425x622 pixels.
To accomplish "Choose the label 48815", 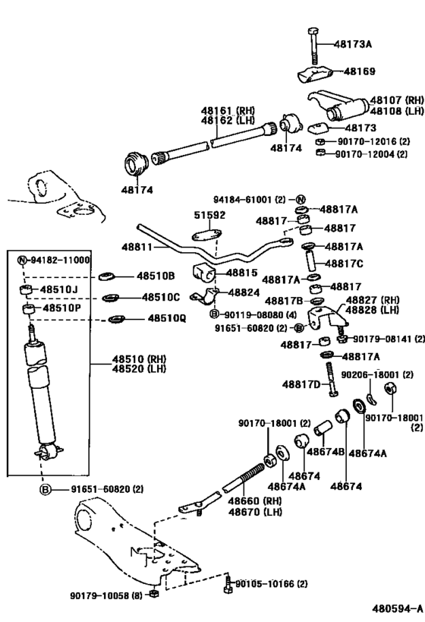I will (x=242, y=273).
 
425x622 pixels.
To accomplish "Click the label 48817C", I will (x=344, y=264).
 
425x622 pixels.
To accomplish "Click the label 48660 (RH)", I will (x=241, y=500).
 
